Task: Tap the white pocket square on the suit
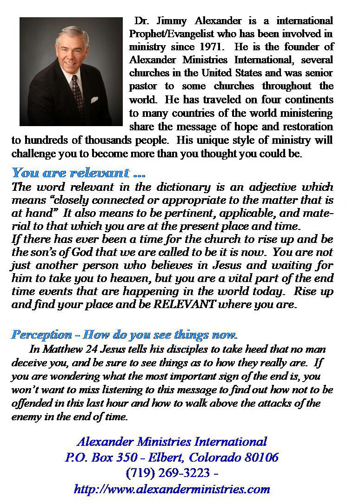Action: point(94,99)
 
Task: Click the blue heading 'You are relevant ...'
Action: point(78,173)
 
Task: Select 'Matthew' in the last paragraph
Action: point(59,349)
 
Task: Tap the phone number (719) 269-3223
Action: point(168,473)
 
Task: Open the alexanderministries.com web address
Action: point(172,489)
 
